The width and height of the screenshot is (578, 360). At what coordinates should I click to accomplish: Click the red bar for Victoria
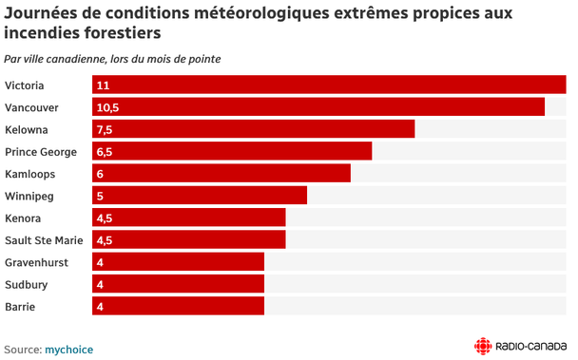tap(329, 85)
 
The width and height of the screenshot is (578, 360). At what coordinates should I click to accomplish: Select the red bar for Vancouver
tap(318, 106)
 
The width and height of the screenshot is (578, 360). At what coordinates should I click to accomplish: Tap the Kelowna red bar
tap(253, 129)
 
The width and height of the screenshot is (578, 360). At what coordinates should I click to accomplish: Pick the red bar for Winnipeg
tap(200, 196)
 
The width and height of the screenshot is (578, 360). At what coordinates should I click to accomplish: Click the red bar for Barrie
tap(178, 306)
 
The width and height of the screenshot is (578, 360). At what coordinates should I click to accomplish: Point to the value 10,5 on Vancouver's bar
tap(107, 107)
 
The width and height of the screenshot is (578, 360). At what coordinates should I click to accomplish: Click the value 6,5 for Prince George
tap(105, 152)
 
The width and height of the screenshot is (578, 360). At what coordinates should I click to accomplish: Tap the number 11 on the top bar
tap(103, 85)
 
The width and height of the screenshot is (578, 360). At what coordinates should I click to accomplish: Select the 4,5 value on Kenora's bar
tap(105, 218)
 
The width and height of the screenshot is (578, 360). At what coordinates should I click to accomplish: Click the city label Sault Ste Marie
tap(44, 240)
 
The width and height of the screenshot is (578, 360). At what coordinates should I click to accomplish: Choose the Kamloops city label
tap(29, 174)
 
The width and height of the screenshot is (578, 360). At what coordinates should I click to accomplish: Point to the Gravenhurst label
tap(36, 262)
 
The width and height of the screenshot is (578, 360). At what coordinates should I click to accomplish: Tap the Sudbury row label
tap(27, 284)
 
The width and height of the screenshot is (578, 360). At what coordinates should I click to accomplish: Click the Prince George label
tap(41, 152)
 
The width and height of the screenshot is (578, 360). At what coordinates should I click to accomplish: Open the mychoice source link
tap(69, 350)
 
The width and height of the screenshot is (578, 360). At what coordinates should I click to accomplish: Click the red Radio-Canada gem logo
tap(483, 347)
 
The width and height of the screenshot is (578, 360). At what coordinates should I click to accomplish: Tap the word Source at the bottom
tap(23, 350)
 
